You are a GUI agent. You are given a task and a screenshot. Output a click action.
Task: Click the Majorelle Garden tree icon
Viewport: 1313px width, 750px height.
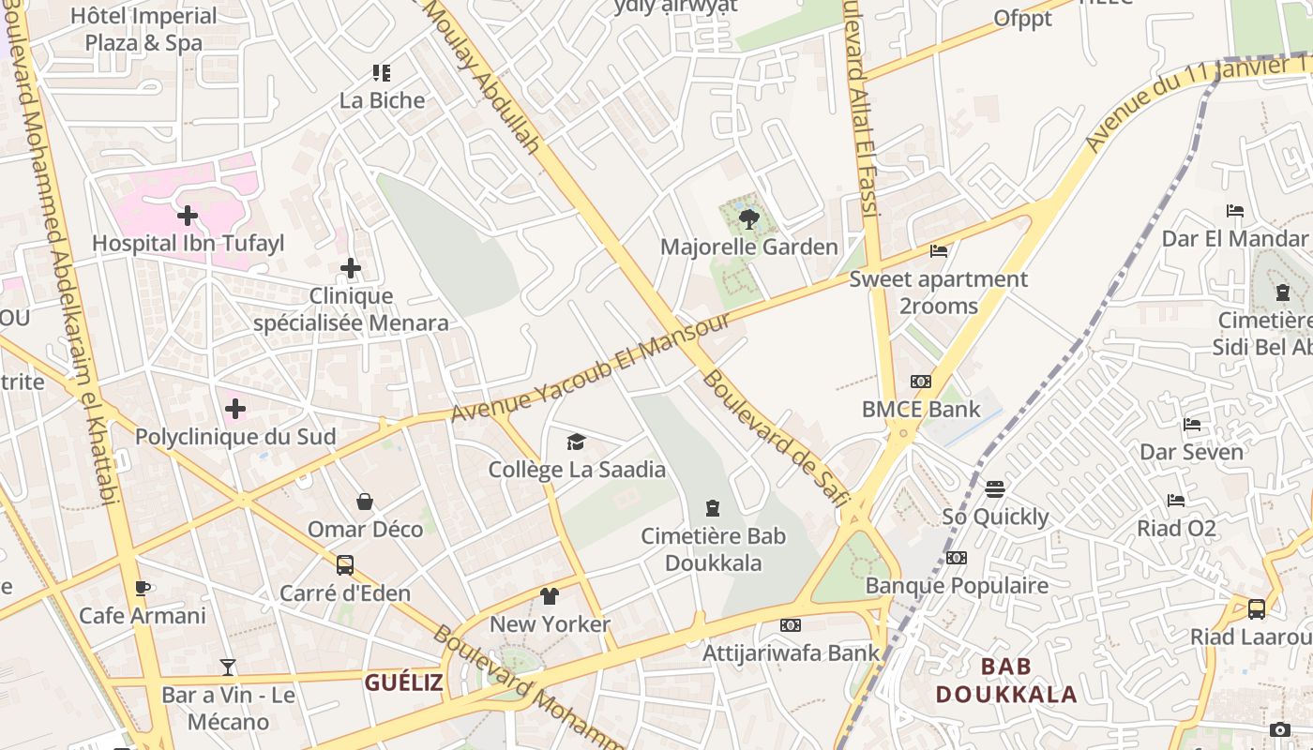point(748,220)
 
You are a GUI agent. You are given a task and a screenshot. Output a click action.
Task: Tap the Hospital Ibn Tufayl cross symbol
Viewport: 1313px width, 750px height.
point(188,217)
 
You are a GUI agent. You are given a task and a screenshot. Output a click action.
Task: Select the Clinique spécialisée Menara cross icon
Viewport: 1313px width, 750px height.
point(351,269)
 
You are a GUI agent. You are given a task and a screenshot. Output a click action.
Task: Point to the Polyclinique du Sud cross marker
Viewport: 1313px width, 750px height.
point(235,409)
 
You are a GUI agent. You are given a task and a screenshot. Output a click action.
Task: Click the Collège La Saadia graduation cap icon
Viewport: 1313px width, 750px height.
point(576,442)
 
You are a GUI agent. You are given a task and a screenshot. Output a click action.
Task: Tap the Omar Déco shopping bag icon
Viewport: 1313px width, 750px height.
point(365,502)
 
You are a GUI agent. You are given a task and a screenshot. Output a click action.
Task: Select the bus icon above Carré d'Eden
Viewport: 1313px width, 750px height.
point(345,565)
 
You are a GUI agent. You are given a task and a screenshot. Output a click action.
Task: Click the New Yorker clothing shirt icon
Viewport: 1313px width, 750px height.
point(550,596)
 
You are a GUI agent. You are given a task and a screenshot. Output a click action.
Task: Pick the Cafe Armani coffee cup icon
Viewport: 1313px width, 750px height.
point(142,589)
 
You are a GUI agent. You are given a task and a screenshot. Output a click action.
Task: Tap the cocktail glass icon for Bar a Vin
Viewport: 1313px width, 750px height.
point(228,667)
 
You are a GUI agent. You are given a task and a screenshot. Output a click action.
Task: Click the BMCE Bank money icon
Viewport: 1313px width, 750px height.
point(921,382)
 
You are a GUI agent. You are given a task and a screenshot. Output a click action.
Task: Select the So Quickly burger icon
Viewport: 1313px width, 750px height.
point(995,489)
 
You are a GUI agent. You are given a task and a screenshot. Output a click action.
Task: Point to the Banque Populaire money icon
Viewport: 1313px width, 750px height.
point(957,558)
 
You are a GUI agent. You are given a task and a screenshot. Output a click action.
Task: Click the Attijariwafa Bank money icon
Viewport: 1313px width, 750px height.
point(791,625)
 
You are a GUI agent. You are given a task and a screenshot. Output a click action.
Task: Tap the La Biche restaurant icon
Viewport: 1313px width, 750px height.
point(381,73)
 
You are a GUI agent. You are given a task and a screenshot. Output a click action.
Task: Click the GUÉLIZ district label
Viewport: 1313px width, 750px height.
point(403,682)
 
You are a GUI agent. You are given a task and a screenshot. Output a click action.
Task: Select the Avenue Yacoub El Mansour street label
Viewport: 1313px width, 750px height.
point(590,367)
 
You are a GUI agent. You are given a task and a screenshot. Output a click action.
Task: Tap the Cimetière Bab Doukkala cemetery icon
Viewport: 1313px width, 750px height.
point(713,509)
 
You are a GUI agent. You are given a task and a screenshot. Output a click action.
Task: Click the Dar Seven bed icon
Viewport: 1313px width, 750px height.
point(1192,425)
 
